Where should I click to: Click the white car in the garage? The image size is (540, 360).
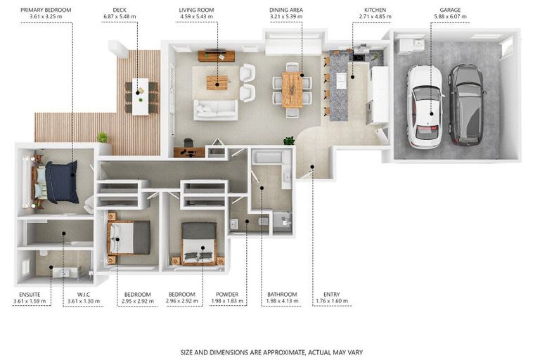[x=425, y=106]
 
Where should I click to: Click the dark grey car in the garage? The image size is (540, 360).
[x=465, y=103]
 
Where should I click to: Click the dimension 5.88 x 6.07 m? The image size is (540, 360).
[x=450, y=16]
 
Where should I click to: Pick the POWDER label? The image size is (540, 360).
[x=227, y=295]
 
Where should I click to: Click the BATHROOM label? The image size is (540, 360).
[x=282, y=295]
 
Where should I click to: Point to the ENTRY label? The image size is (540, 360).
[x=331, y=295]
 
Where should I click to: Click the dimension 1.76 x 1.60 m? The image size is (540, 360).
[x=331, y=301]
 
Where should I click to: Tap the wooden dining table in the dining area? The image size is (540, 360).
[x=292, y=91]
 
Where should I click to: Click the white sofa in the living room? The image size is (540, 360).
[x=216, y=109]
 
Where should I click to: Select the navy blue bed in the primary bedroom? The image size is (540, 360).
[x=60, y=181]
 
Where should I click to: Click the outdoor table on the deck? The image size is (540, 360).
[x=141, y=96]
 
